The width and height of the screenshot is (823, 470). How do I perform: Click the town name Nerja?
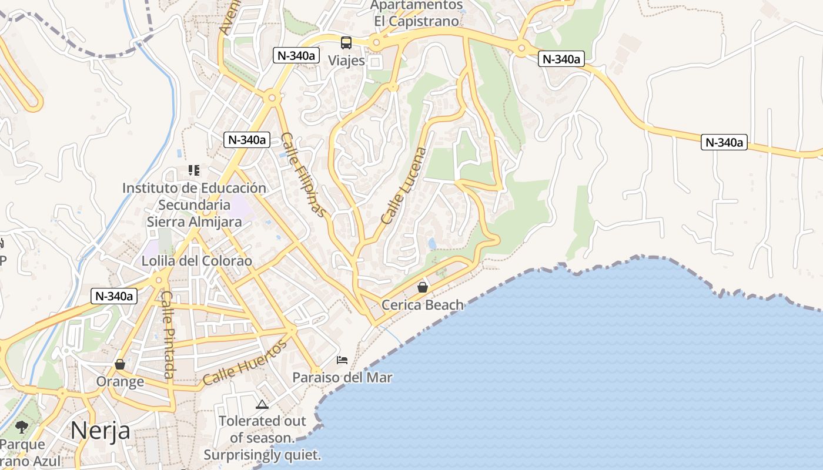[x=101, y=431]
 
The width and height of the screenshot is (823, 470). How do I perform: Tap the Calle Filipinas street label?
[x=303, y=174]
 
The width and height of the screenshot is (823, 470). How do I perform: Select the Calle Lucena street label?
[x=405, y=185]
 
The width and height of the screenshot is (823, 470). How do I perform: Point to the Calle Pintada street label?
[x=168, y=334]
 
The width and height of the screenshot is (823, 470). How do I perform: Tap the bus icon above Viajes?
[x=346, y=42]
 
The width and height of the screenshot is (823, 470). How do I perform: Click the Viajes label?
[x=346, y=61]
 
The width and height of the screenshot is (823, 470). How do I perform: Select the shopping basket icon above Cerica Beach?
[x=422, y=287]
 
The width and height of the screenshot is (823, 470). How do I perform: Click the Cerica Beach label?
[x=423, y=305]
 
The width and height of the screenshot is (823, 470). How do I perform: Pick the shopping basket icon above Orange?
[x=120, y=364]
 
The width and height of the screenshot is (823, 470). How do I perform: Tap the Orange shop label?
[x=120, y=382]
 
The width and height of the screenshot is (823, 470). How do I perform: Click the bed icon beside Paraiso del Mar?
[x=342, y=360]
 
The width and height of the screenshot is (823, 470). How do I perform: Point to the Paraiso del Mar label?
[x=342, y=377]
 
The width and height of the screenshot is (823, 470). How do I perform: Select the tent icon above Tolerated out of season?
[x=262, y=404]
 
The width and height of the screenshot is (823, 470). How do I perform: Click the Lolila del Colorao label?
[x=197, y=261]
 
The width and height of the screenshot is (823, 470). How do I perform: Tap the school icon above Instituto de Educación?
[x=194, y=170]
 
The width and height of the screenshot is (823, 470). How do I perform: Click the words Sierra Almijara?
[x=194, y=222]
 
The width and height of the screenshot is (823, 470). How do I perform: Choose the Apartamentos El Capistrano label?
[x=417, y=13]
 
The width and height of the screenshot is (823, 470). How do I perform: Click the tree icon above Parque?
[x=22, y=427]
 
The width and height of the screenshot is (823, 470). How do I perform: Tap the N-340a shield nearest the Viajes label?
[x=296, y=56]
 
